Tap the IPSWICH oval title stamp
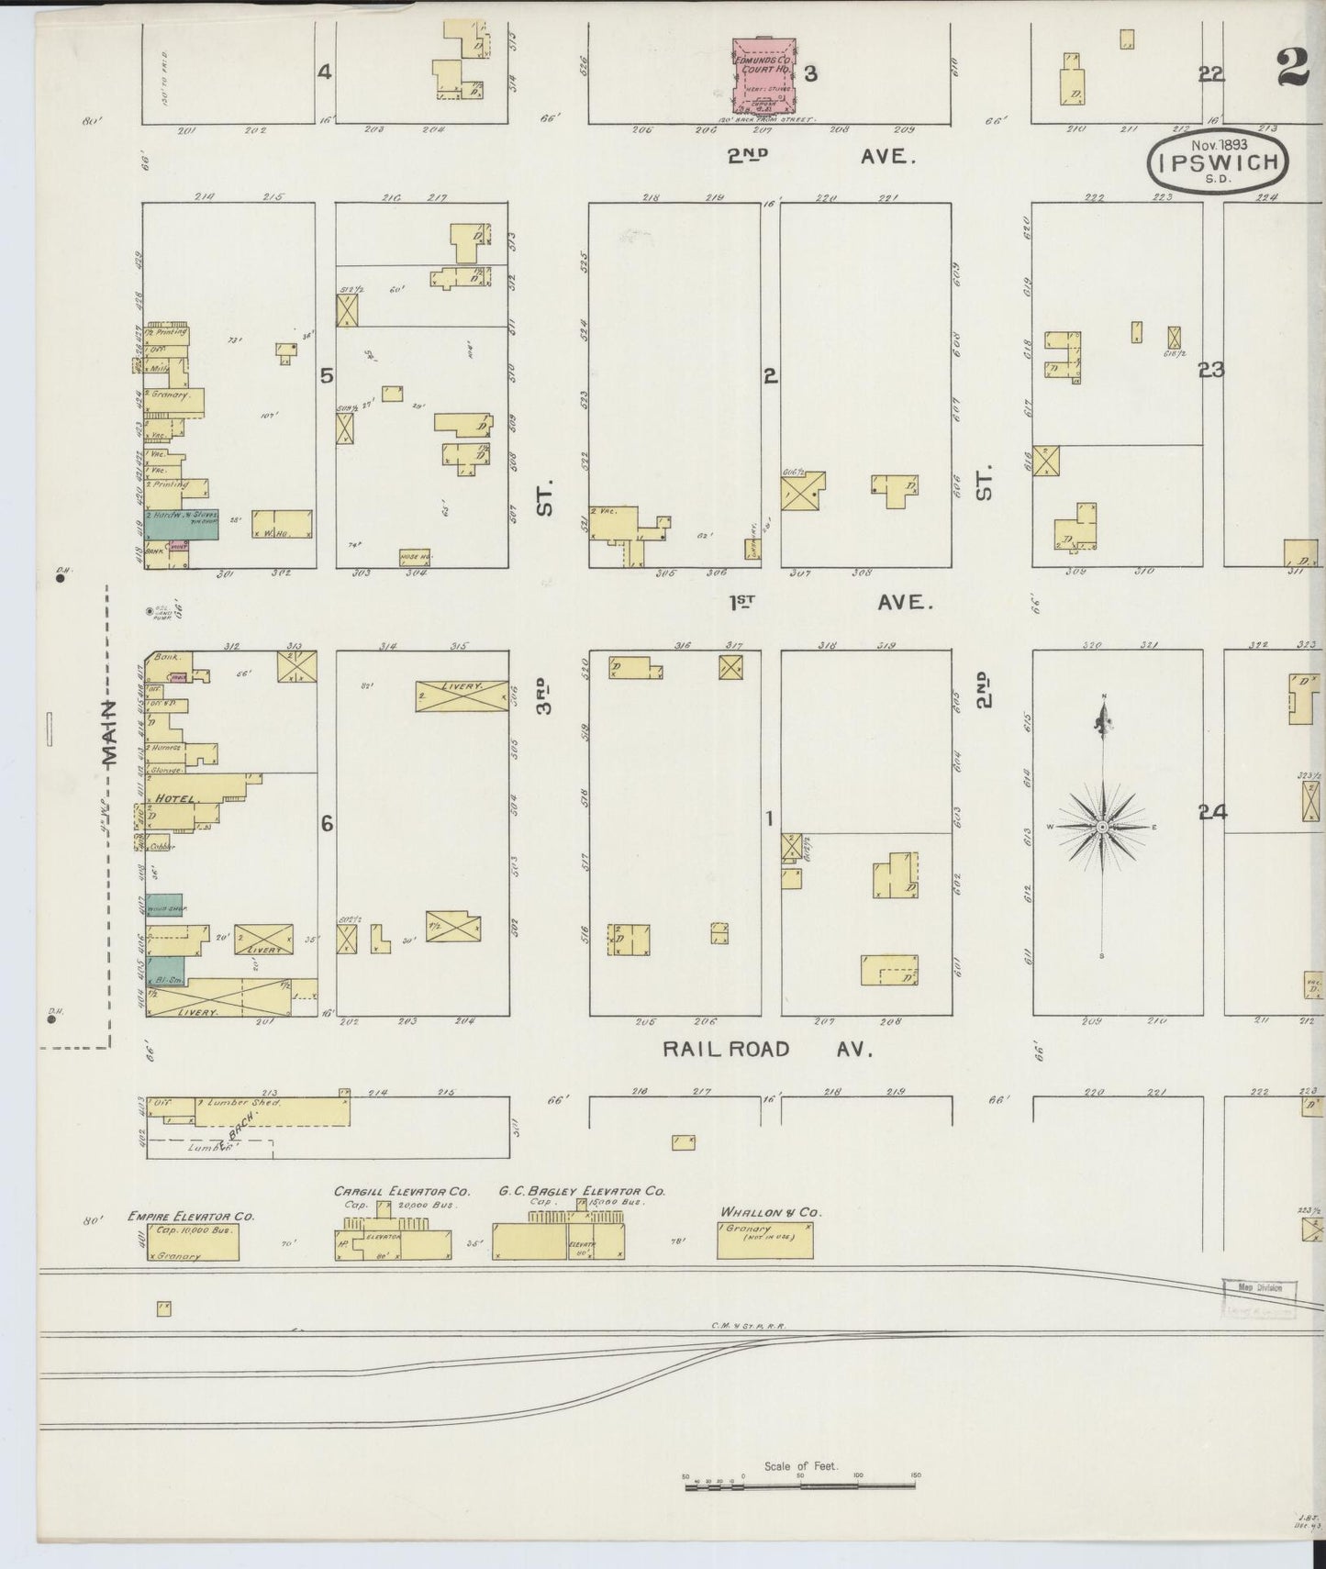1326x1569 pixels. (1219, 163)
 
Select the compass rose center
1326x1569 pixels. (1101, 828)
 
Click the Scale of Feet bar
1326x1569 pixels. (803, 1481)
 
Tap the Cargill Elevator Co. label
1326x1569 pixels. (401, 1192)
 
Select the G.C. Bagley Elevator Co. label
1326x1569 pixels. (582, 1192)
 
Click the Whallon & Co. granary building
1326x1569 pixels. (764, 1240)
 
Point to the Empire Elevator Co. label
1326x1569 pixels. (190, 1216)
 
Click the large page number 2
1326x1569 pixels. (1295, 69)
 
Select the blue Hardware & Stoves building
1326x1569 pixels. (184, 526)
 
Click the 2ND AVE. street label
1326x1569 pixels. (820, 157)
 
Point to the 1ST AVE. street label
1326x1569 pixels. (830, 603)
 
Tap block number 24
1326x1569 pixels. (1211, 812)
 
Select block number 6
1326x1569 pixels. (327, 824)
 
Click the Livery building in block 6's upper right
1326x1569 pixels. (462, 695)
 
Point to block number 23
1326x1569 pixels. (1211, 370)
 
